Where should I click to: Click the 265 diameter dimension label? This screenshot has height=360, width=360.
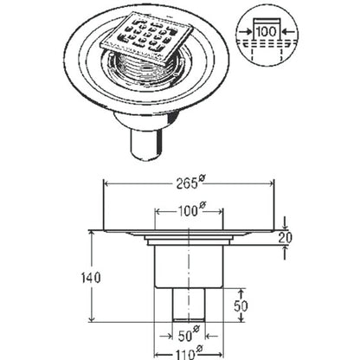tap(190, 183)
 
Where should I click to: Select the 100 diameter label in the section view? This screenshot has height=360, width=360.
tap(190, 210)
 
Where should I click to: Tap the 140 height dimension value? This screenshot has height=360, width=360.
tap(90, 278)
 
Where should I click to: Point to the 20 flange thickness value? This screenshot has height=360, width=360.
tap(286, 238)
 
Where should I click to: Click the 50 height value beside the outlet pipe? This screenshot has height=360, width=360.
tap(241, 305)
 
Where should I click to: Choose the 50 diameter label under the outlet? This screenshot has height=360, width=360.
tap(189, 335)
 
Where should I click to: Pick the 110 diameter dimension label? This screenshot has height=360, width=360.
tap(189, 352)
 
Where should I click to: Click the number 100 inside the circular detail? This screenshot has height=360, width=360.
tap(266, 31)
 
